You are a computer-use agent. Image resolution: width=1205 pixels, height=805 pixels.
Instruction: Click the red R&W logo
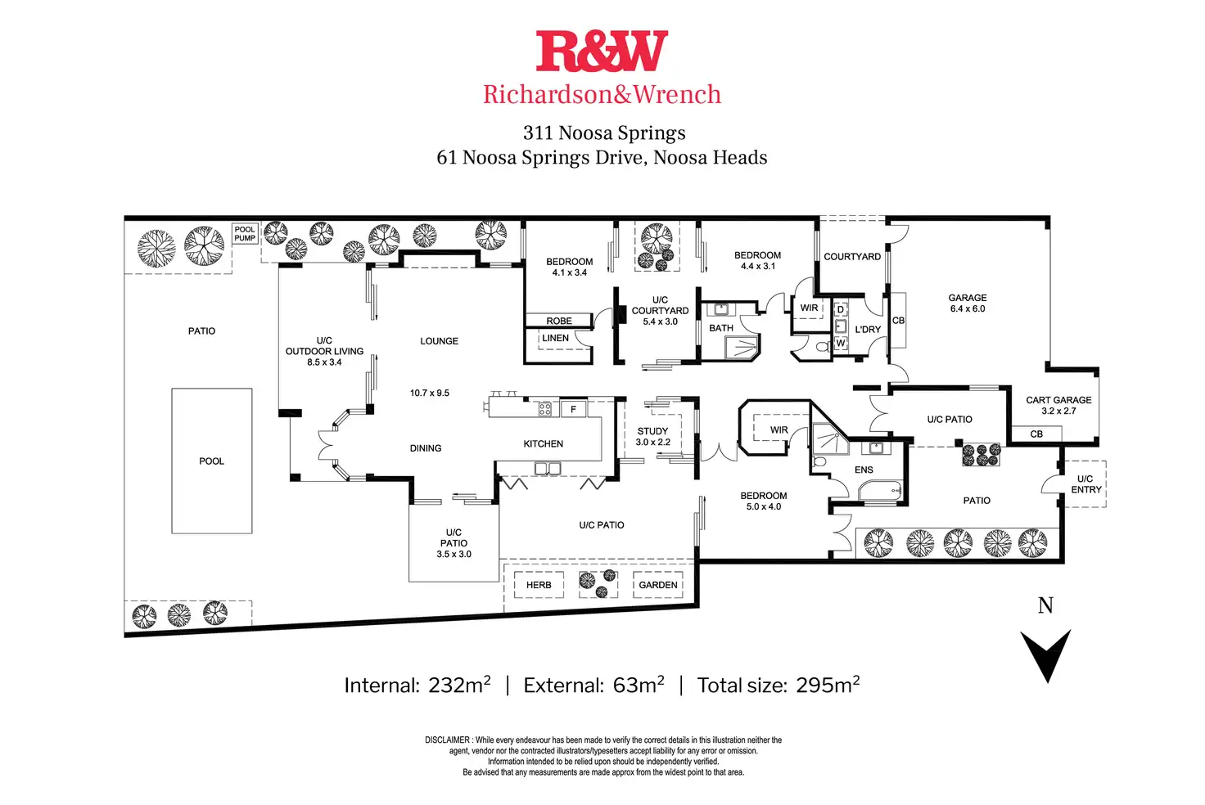tap(602, 51)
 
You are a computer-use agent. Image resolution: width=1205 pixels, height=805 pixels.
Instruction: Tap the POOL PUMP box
tap(245, 234)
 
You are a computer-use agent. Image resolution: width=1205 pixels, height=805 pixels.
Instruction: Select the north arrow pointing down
tap(1045, 655)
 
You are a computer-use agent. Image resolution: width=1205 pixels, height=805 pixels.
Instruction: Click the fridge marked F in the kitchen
tap(574, 409)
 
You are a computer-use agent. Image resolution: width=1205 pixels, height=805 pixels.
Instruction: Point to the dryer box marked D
tap(841, 310)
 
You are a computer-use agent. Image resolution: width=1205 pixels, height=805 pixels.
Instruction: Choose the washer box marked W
tap(841, 343)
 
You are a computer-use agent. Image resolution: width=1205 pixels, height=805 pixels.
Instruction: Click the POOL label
tap(211, 461)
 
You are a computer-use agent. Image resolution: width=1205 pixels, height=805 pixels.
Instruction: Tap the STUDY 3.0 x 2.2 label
tap(653, 437)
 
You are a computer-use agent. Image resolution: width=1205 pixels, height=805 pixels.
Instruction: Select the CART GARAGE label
tap(1058, 400)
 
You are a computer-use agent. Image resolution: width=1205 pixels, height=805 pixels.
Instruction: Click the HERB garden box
tap(539, 585)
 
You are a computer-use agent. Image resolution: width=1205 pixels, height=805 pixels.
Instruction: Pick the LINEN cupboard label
tap(555, 338)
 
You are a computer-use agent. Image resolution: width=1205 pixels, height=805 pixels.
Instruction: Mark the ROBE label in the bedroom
tap(559, 321)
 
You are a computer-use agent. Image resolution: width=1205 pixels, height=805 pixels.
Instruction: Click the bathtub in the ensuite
tap(880, 490)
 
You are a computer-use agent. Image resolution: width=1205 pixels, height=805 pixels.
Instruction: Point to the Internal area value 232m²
tap(459, 685)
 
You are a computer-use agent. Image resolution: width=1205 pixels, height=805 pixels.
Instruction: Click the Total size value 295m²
tap(828, 685)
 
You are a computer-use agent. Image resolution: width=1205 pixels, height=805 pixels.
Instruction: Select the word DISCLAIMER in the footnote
tap(447, 740)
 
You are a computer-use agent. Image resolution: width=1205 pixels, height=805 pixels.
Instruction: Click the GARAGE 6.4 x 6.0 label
tap(968, 304)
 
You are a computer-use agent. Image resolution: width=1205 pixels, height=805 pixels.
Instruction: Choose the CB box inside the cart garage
tap(1036, 434)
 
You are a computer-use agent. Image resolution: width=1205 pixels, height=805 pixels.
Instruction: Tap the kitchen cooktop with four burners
tap(545, 410)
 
